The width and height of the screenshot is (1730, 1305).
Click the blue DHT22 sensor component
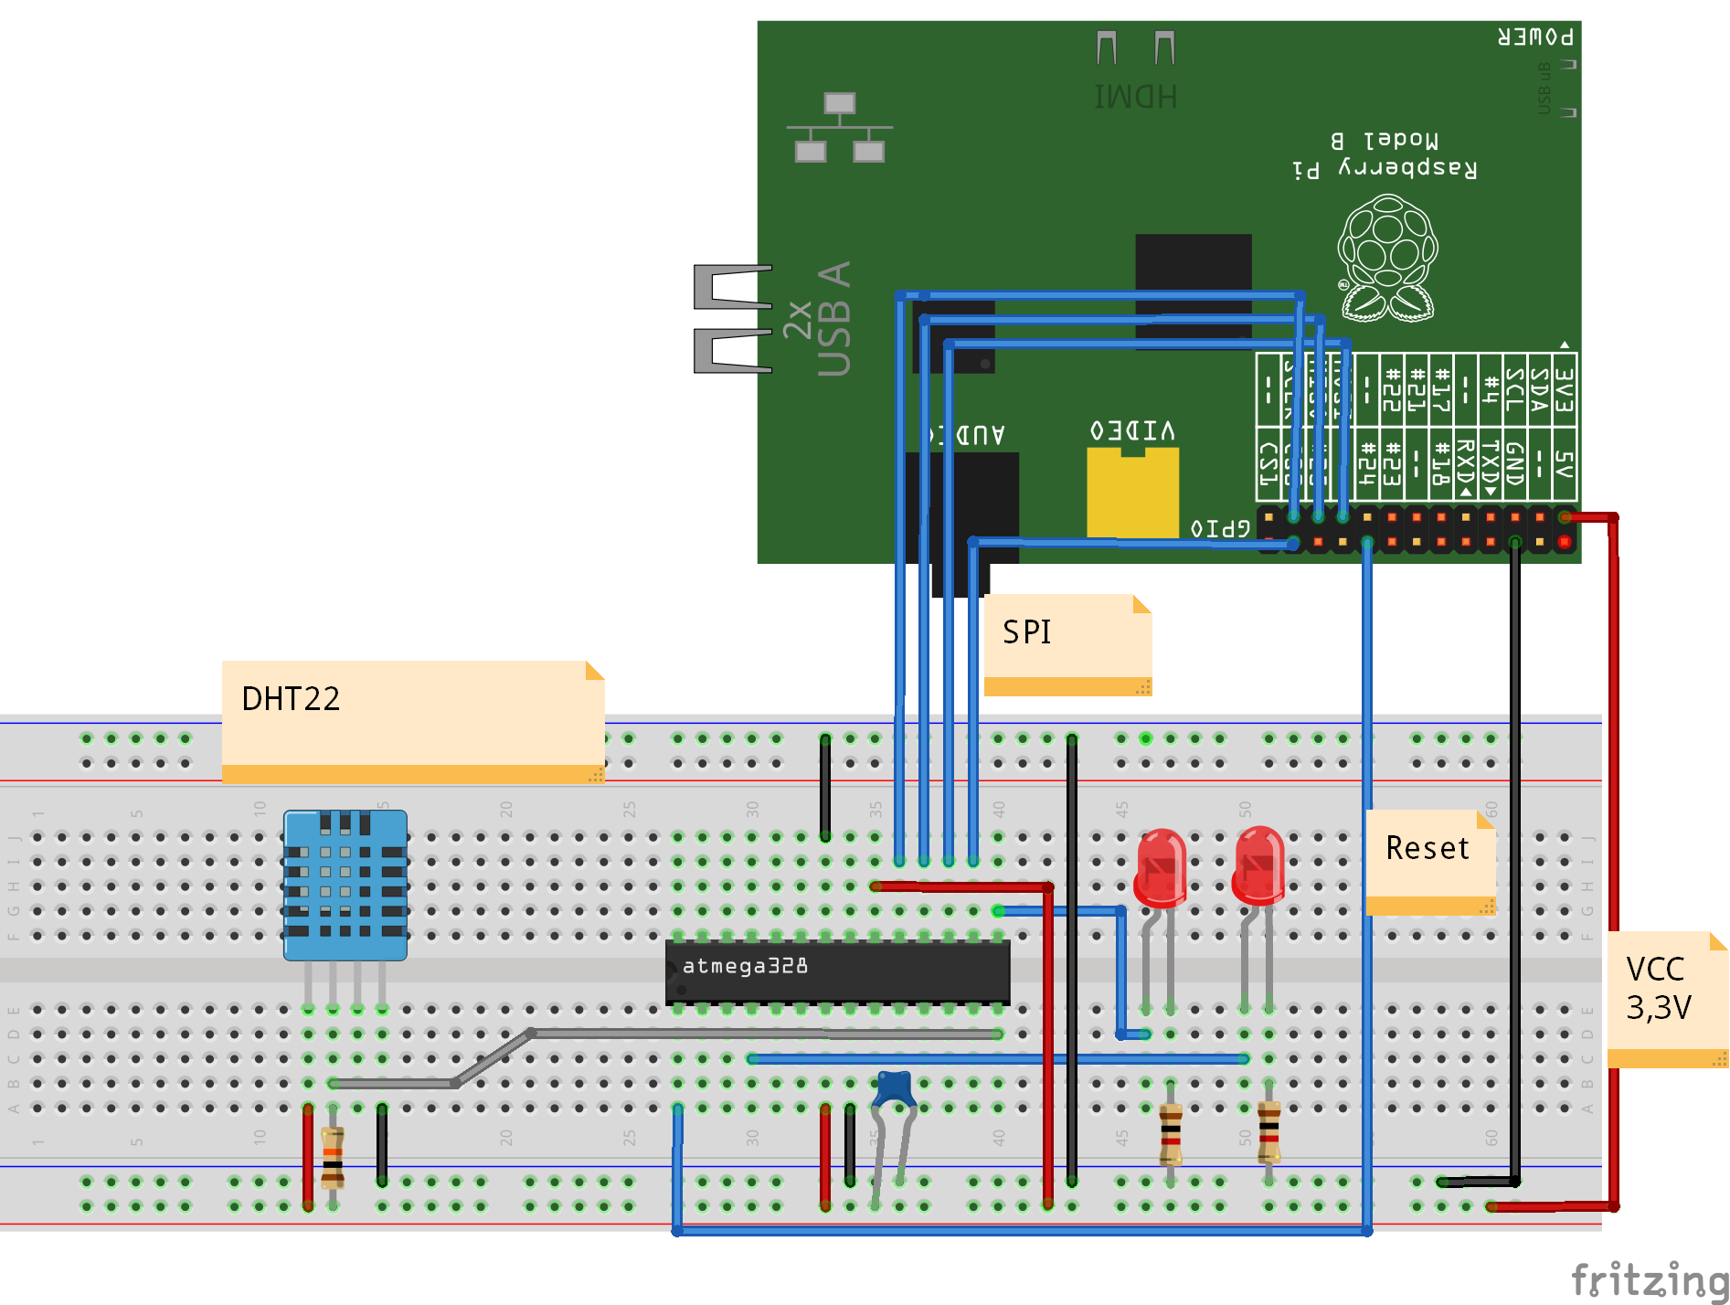(x=345, y=885)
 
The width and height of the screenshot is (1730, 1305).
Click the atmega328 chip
(x=837, y=971)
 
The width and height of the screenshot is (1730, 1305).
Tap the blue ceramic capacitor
(x=895, y=1088)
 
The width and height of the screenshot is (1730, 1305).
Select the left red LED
(x=1161, y=868)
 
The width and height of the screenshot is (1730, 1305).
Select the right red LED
(x=1258, y=865)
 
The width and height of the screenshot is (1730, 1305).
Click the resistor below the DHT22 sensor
(x=333, y=1157)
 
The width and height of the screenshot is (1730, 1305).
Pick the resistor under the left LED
(x=1171, y=1134)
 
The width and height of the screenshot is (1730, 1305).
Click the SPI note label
(x=1027, y=632)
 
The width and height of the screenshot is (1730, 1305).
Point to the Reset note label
(x=1428, y=848)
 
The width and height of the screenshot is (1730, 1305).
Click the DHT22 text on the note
(x=291, y=699)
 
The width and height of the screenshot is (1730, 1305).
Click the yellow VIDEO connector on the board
(x=1132, y=493)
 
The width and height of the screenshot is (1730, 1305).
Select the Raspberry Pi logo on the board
(x=1387, y=259)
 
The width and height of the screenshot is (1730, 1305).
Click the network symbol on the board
(x=839, y=128)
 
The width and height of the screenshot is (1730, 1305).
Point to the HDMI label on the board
(x=1135, y=96)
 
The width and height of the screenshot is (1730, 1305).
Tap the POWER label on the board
(x=1535, y=37)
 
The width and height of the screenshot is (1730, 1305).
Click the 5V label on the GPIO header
(x=1564, y=464)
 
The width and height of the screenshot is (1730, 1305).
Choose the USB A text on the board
(x=833, y=319)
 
